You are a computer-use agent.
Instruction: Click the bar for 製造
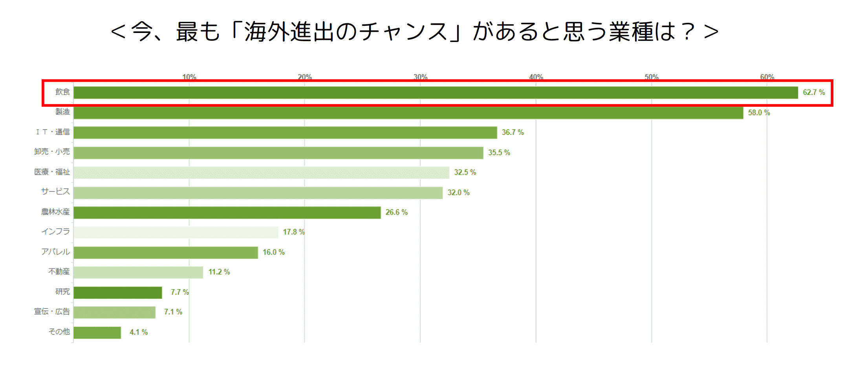coord(408,113)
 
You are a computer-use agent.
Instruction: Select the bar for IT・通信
coord(285,133)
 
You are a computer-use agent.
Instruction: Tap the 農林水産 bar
coord(227,213)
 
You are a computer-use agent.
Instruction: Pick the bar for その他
coord(97,333)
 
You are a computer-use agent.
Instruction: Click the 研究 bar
coord(117,293)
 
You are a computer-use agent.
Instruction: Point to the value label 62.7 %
coord(813,93)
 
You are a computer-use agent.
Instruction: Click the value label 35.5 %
coord(499,153)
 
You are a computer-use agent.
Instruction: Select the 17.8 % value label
coord(293,232)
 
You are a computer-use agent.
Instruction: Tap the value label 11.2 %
coord(219,272)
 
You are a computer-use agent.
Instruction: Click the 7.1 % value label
coord(173,312)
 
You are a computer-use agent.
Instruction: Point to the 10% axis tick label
coord(189,77)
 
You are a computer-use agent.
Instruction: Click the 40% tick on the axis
coord(536,77)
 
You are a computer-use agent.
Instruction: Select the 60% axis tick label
coord(767,77)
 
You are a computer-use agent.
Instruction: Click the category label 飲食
coord(62,92)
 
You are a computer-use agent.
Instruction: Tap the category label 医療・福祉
coord(52,172)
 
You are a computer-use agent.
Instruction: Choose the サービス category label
coord(55,192)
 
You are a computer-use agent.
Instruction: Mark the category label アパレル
coord(55,252)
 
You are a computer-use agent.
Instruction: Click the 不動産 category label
coord(59,272)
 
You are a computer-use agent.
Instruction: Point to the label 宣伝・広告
coord(52,312)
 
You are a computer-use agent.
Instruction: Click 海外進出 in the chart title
coord(289,31)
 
